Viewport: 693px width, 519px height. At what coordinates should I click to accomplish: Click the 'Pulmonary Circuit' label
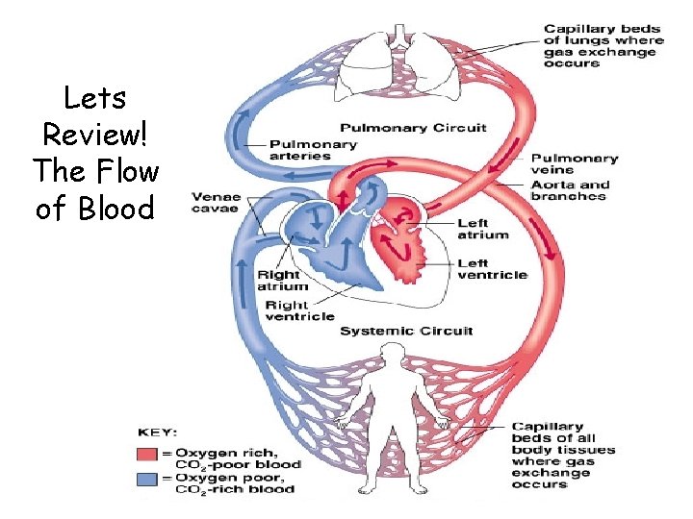pos(413,128)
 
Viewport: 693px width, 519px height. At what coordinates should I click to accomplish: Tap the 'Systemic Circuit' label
pos(407,331)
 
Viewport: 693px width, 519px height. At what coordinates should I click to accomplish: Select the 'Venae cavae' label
pos(216,203)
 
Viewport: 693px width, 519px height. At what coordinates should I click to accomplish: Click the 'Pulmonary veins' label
pos(574,164)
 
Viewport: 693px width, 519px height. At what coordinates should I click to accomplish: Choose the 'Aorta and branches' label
pos(568,190)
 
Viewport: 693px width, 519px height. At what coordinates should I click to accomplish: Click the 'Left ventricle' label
pos(492,268)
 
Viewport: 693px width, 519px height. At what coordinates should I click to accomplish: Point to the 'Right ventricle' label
pos(299,310)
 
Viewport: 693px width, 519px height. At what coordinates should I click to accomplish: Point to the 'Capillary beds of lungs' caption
pos(603,46)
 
